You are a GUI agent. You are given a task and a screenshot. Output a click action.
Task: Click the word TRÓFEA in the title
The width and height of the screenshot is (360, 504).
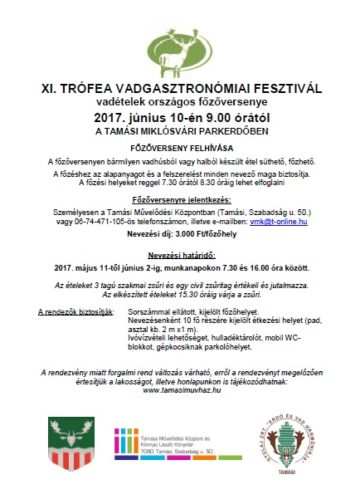click(x=96, y=86)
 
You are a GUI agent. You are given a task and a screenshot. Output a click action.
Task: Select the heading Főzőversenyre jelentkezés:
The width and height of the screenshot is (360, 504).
click(x=180, y=201)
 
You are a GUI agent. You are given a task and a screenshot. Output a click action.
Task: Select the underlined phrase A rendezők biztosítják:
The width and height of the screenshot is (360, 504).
click(x=76, y=311)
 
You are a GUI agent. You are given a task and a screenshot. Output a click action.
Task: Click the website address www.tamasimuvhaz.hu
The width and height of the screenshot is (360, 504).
click(x=180, y=389)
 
